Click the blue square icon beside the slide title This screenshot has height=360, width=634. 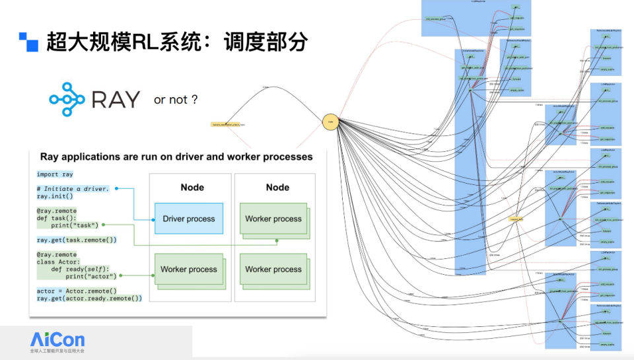[x=28, y=42]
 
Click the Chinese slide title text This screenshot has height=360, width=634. [x=177, y=42]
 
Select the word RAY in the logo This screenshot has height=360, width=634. [x=116, y=100]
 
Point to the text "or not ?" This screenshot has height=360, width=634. [x=176, y=100]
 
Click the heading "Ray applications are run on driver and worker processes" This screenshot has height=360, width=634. [x=176, y=157]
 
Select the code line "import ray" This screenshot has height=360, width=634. [x=55, y=175]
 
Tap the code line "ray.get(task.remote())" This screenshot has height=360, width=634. [x=77, y=240]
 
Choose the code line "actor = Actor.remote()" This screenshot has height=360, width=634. [x=77, y=291]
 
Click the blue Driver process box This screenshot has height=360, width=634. [x=188, y=219]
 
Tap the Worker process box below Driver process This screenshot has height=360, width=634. [x=188, y=270]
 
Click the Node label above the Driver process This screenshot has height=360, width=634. [x=193, y=188]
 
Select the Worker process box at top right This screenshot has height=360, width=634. [x=273, y=219]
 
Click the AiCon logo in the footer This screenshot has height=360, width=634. [x=57, y=342]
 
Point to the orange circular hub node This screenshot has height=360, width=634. [x=331, y=121]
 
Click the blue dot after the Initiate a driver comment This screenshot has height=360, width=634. [x=116, y=189]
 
